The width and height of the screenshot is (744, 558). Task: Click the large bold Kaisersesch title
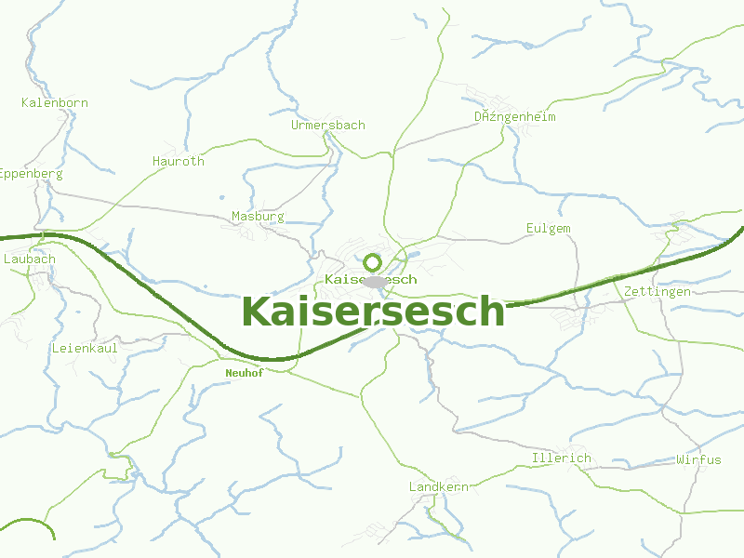pos(373,312)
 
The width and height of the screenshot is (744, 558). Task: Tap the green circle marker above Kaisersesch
pos(373,262)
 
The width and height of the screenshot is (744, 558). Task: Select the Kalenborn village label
pos(55,102)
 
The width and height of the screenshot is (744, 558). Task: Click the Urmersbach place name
pos(327,125)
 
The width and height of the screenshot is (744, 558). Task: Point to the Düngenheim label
pos(514,117)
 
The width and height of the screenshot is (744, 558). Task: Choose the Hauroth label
pos(179,161)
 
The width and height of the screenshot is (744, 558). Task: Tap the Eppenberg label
pos(30,174)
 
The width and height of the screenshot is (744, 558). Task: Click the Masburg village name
pos(258,216)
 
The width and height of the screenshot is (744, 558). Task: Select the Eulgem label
pos(548,228)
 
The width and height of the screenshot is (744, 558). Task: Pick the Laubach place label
pos(30,259)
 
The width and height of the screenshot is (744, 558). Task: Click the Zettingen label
pos(658,291)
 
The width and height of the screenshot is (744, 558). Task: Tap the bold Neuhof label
pos(244,373)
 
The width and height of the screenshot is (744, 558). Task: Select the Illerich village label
pos(561,458)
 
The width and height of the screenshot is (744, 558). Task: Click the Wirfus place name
pos(698,459)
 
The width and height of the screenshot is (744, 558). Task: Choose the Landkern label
pos(439,486)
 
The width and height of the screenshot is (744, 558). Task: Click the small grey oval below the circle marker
pos(375,281)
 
